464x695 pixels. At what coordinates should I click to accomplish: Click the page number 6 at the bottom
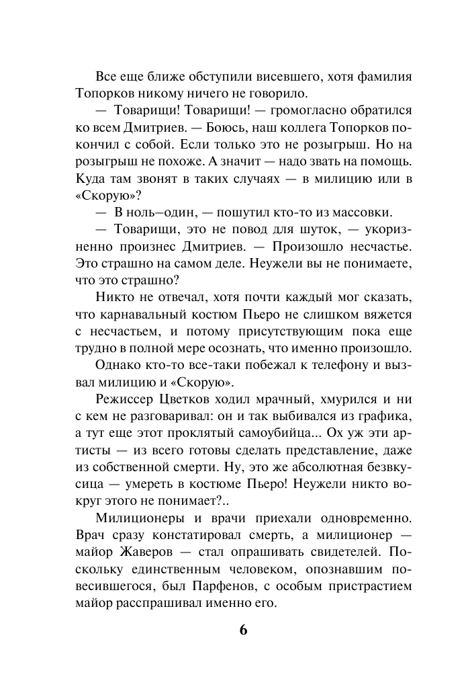[x=243, y=630]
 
